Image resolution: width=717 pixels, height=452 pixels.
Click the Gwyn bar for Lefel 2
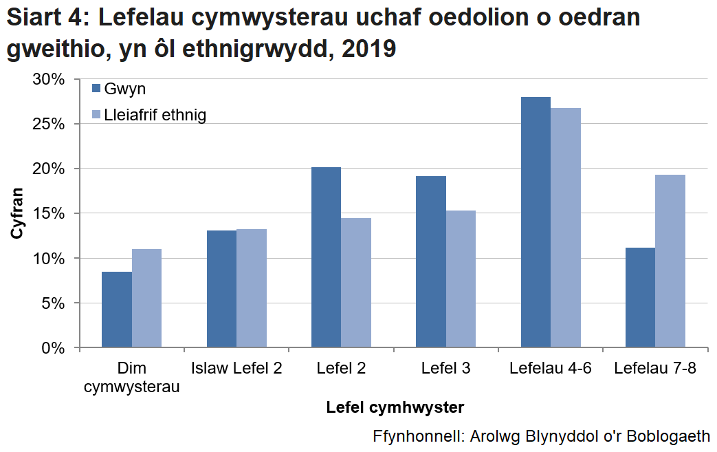coord(326,257)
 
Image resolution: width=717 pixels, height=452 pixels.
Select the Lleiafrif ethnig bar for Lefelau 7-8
coord(670,261)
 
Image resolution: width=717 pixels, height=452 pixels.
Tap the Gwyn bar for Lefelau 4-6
coord(536,222)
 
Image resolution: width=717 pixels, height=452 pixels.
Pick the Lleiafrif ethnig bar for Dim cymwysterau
coord(146,298)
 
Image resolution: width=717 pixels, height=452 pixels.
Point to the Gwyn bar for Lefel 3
coord(431,261)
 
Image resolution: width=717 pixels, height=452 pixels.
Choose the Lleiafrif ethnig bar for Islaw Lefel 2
coord(252,288)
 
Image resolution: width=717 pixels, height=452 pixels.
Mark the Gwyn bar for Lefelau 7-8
coord(641,297)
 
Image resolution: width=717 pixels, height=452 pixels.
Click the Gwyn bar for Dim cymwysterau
coord(117,310)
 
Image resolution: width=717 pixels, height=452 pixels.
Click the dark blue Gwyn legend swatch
coord(96,89)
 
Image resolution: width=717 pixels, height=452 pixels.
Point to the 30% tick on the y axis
coord(49,79)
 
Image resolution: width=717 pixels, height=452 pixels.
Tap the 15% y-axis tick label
coord(49,213)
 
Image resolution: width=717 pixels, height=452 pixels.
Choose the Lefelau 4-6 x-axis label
coord(551,368)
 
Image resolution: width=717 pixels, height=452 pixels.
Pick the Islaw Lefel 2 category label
coord(236,368)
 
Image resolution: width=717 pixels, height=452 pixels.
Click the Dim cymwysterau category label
coord(132,377)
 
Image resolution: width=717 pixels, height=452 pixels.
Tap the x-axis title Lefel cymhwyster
coord(395,407)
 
